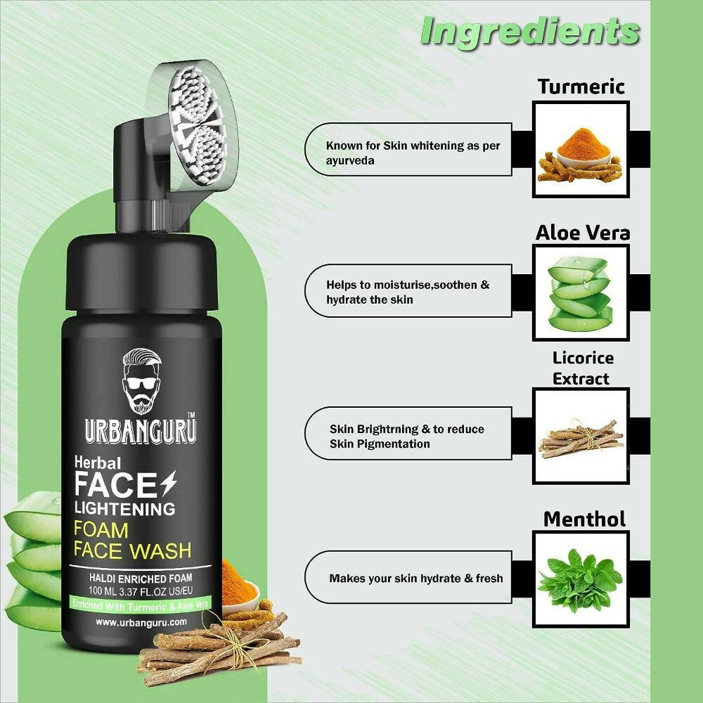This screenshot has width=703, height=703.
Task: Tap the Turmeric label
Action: tap(581, 86)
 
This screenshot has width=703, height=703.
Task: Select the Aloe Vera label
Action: tap(582, 233)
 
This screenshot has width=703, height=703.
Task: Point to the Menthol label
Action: tap(584, 520)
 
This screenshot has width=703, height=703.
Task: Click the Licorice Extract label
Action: tap(582, 368)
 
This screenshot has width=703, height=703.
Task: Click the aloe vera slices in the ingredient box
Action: tap(580, 294)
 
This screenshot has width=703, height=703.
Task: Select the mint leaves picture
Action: tap(580, 581)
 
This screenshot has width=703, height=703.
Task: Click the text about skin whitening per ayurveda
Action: tap(413, 153)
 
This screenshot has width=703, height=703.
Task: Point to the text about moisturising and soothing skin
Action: tap(408, 292)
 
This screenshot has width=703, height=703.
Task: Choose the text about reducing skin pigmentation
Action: tap(406, 437)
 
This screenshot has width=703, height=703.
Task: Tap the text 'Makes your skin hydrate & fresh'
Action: tap(416, 579)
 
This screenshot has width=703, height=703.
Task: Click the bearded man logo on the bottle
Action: tap(142, 381)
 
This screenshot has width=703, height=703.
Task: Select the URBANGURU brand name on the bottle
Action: tap(141, 432)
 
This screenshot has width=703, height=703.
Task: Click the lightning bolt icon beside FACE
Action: tap(169, 484)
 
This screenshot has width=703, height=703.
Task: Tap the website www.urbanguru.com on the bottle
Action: tap(141, 622)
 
